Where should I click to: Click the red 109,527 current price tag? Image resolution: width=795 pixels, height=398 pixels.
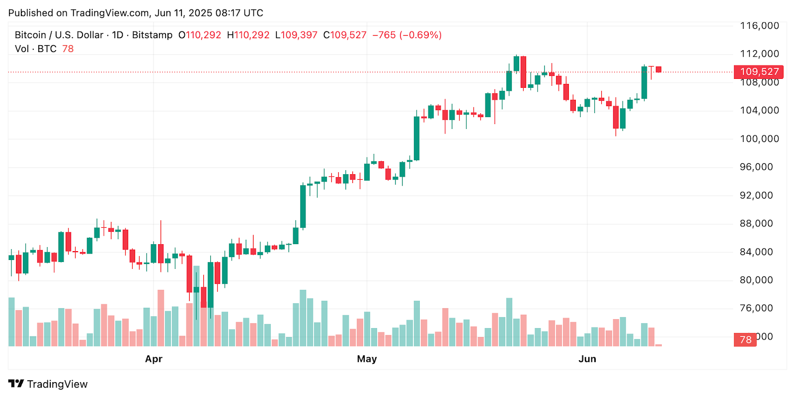(758, 72)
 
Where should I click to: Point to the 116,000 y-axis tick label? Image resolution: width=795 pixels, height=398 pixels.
(759, 26)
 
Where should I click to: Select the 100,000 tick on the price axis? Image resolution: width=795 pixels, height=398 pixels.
(759, 139)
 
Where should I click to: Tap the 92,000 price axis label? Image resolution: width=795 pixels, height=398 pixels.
(759, 196)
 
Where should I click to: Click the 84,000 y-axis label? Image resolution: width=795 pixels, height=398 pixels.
(759, 252)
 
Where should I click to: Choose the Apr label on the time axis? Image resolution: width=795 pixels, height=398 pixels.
(154, 359)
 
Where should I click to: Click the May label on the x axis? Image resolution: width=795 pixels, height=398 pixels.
(367, 359)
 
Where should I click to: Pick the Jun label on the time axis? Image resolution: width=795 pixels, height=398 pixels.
(587, 359)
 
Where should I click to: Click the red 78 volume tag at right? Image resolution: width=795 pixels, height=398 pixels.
(745, 340)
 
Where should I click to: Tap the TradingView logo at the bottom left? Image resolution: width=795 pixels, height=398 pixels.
(48, 384)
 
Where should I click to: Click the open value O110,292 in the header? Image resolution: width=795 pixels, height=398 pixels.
(200, 35)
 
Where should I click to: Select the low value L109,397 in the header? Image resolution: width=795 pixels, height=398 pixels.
(296, 35)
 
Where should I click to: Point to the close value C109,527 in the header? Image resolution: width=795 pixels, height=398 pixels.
(345, 35)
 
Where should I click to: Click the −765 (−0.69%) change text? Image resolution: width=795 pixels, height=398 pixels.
(407, 35)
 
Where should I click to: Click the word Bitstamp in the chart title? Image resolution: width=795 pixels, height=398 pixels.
(152, 35)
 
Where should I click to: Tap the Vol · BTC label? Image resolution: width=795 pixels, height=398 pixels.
(36, 49)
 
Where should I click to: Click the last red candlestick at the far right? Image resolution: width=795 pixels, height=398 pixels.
(658, 69)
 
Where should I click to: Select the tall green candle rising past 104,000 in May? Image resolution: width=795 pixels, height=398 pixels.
(416, 138)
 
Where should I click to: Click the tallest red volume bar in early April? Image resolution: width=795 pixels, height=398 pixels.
(160, 318)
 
